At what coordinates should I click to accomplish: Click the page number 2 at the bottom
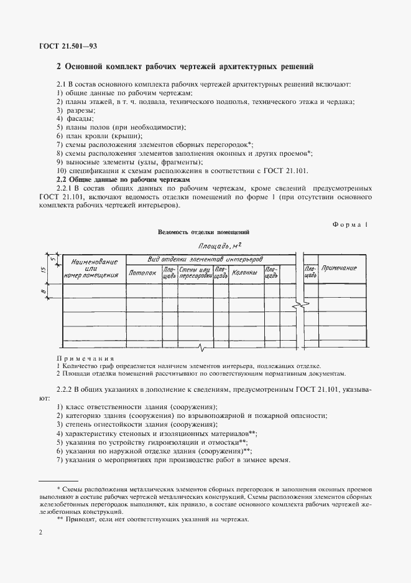tap(40, 533)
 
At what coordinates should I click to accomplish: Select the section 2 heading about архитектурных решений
tap(185, 66)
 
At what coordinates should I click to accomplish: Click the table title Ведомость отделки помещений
tap(204, 232)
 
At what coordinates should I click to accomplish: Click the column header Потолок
tap(142, 272)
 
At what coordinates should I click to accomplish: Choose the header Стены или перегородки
tap(195, 272)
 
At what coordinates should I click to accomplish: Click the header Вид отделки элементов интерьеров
tap(205, 258)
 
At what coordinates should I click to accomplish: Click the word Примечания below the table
tap(85, 359)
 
